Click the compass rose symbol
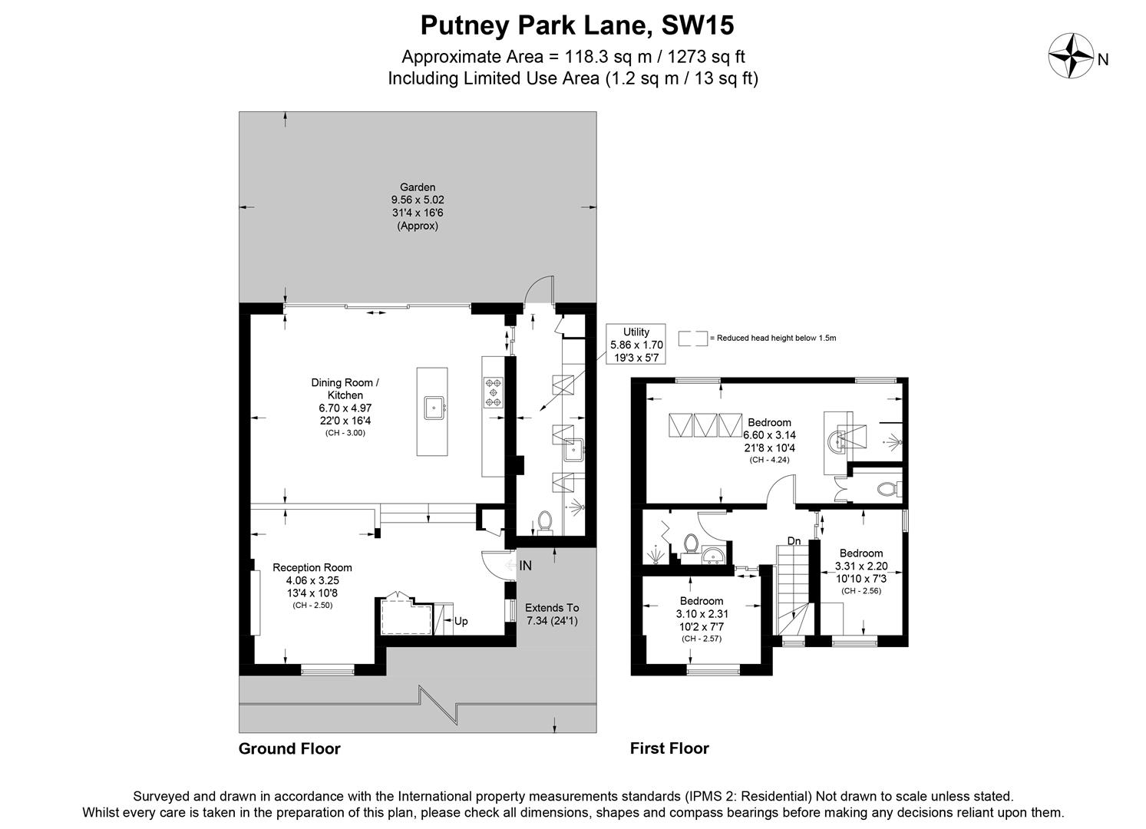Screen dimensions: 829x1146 click(1071, 55)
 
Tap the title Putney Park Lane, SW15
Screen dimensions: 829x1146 click(576, 25)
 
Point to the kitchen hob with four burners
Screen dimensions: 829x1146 click(492, 392)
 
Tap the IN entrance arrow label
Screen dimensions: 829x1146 click(525, 566)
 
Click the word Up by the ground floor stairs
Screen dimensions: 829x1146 click(461, 621)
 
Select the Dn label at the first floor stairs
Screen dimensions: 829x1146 click(794, 541)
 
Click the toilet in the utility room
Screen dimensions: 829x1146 click(545, 522)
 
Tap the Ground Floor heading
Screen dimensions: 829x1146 click(289, 748)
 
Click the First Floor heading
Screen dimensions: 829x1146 click(669, 748)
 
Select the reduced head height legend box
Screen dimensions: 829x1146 click(692, 339)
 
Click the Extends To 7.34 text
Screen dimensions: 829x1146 click(552, 614)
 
